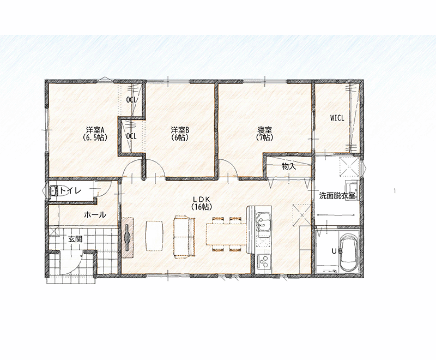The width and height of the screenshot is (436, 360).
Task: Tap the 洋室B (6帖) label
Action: [180, 134]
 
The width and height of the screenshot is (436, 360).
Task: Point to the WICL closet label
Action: [337, 118]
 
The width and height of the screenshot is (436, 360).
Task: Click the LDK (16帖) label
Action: [202, 203]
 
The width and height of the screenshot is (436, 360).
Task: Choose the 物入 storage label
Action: [289, 167]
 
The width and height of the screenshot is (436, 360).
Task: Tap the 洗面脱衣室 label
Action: [337, 196]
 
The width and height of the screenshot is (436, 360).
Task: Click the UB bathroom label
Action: [337, 251]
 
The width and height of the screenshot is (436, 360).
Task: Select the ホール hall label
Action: [95, 214]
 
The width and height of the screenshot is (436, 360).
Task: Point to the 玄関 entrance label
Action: [75, 239]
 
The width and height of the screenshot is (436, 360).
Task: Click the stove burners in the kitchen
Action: [263, 261]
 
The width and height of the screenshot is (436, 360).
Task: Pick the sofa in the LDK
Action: [184, 236]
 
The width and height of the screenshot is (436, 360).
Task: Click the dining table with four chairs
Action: [227, 234]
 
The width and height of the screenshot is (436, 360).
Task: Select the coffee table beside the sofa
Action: [154, 236]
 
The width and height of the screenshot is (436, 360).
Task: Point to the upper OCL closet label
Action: [131, 100]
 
